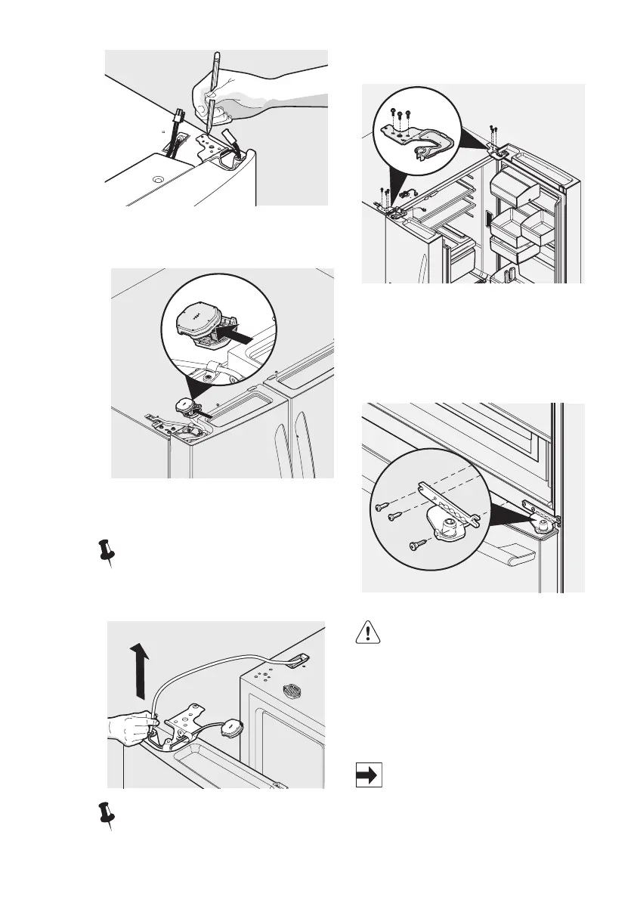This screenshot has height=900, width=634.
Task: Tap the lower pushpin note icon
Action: (107, 817)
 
